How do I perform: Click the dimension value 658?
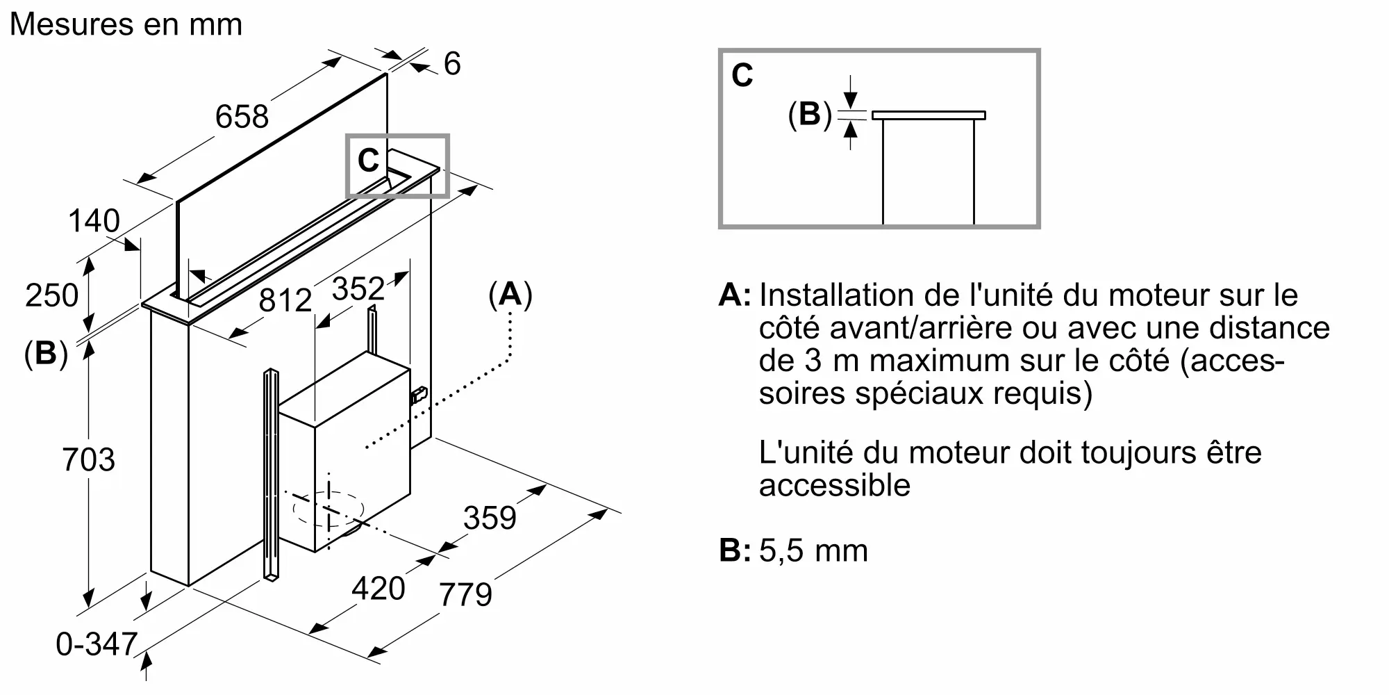point(242,116)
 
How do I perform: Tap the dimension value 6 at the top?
point(452,64)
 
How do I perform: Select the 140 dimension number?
point(94,221)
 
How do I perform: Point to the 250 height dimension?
point(52,295)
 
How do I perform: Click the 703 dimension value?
point(88,460)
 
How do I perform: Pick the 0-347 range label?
point(97,644)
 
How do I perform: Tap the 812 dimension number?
point(285,300)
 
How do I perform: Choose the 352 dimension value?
point(358,288)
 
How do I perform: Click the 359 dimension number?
point(490,518)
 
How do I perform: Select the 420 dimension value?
point(379,589)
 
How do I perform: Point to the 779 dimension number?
point(465,594)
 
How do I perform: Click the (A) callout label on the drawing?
point(510,295)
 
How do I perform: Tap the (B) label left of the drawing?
point(46,354)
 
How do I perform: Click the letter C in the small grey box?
point(368,161)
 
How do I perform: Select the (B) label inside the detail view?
point(810,114)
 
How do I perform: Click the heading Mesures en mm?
point(126,25)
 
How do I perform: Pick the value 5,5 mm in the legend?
point(814,551)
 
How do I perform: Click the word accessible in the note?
point(835,485)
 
